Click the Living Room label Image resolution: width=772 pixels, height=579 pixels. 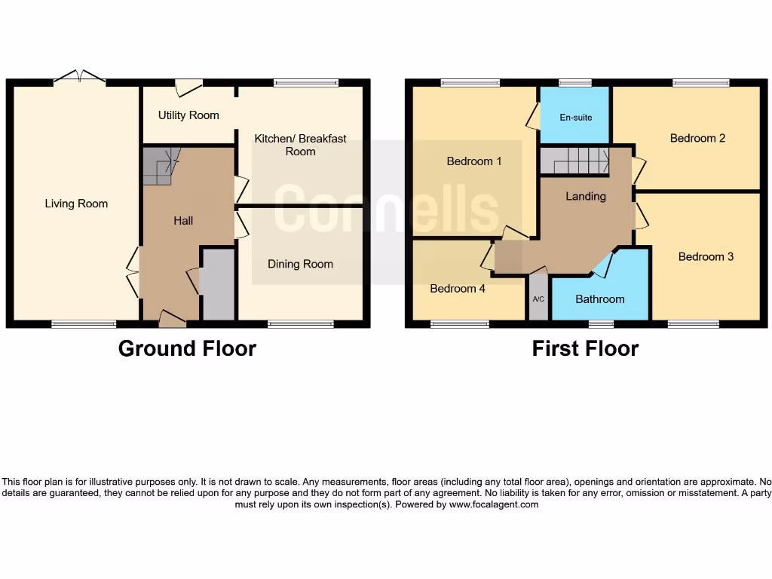pyautogui.click(x=76, y=204)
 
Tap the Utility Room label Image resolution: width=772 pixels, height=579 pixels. pyautogui.click(x=188, y=115)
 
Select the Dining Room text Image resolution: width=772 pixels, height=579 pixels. pyautogui.click(x=300, y=264)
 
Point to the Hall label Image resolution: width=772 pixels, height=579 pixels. pyautogui.click(x=183, y=221)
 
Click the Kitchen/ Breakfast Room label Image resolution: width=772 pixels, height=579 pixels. pyautogui.click(x=300, y=145)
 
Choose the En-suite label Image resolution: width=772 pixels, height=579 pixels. pyautogui.click(x=575, y=118)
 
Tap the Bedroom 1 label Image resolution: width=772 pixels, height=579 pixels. pyautogui.click(x=473, y=161)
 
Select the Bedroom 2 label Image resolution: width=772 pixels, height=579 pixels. pyautogui.click(x=697, y=138)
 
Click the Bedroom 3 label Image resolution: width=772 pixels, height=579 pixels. pyautogui.click(x=706, y=257)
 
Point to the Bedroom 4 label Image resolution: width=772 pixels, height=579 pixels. pyautogui.click(x=458, y=289)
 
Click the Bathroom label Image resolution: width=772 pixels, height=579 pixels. pyautogui.click(x=600, y=299)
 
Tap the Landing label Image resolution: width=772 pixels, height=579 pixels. pyautogui.click(x=586, y=196)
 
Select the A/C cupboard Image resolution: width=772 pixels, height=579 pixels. pyautogui.click(x=538, y=299)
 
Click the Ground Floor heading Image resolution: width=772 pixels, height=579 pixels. pyautogui.click(x=187, y=348)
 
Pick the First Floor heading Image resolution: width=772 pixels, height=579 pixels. pyautogui.click(x=585, y=348)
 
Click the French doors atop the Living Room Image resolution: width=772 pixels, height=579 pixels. pyautogui.click(x=79, y=76)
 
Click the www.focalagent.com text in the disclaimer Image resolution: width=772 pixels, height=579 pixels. pyautogui.click(x=494, y=505)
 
